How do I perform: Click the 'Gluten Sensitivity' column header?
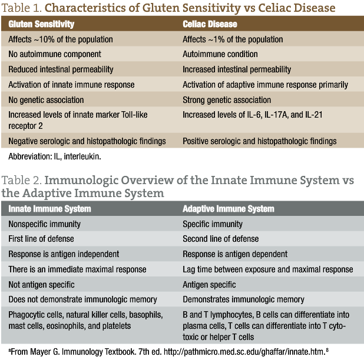41,25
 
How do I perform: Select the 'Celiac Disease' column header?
210,25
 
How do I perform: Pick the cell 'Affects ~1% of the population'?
233,39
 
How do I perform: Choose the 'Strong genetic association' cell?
227,100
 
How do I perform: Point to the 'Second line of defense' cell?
220,239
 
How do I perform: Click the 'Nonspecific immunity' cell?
46,224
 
